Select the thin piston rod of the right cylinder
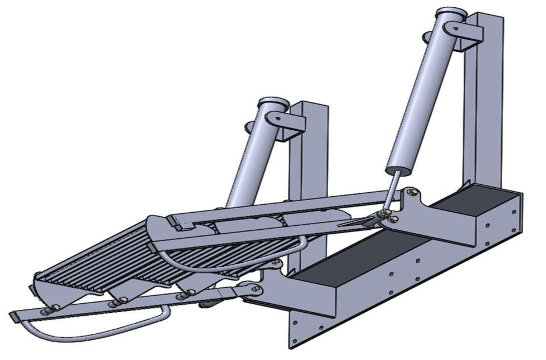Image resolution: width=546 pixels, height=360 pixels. [x=391, y=191]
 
